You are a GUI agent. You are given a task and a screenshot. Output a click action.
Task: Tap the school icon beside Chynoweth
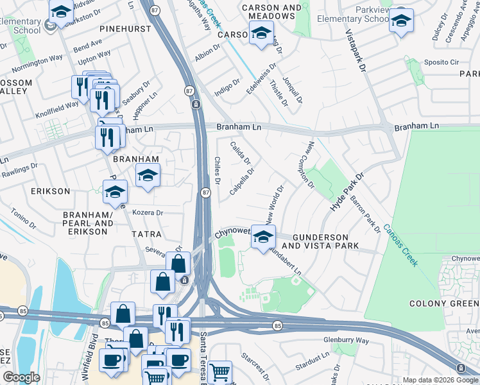click(x=263, y=237)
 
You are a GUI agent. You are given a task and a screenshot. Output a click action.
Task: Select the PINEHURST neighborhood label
click(x=125, y=29)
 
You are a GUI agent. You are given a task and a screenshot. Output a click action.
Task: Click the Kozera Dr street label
click(x=148, y=212)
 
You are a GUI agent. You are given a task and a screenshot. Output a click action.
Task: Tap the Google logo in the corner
click(x=21, y=377)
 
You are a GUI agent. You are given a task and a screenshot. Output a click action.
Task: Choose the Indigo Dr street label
click(x=227, y=86)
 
